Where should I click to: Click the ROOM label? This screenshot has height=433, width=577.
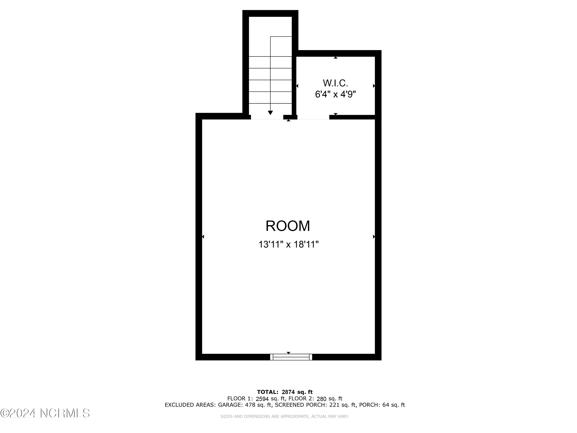click(x=288, y=226)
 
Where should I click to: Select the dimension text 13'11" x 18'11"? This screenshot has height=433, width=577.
click(x=288, y=245)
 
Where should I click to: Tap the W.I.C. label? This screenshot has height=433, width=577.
click(x=335, y=83)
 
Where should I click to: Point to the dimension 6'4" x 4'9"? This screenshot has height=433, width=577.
click(x=335, y=94)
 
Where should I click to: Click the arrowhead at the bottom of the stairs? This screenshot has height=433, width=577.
click(x=270, y=113)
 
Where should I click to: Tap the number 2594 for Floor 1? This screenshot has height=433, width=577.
click(x=262, y=399)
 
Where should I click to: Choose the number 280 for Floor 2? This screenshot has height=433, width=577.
click(x=321, y=399)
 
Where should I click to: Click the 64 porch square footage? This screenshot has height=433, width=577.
click(x=386, y=405)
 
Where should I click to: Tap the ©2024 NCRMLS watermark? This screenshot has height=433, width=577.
click(x=45, y=413)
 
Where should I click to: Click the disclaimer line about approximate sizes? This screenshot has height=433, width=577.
click(x=285, y=417)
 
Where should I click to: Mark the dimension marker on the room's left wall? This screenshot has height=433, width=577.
click(x=203, y=237)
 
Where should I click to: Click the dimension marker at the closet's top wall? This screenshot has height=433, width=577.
click(x=336, y=57)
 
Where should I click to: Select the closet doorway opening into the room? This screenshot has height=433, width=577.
click(x=313, y=117)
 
